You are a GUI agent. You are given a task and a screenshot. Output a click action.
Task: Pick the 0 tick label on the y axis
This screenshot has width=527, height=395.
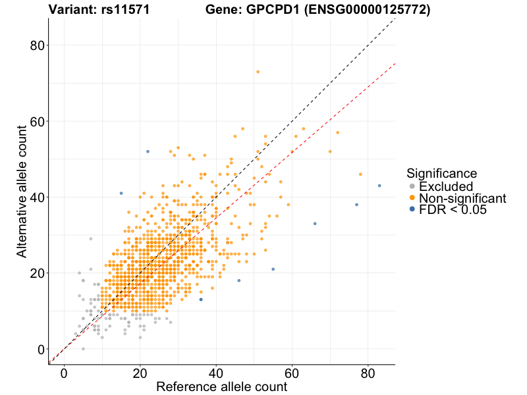click(x=41, y=349)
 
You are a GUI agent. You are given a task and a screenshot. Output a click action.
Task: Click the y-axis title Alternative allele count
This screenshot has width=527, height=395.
click(x=22, y=192)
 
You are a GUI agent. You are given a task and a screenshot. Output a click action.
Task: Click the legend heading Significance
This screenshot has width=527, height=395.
click(x=441, y=174)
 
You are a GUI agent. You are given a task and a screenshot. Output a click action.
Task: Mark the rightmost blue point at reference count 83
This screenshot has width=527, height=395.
click(x=379, y=186)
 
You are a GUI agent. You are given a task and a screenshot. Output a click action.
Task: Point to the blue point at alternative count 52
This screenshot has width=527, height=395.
click(x=148, y=151)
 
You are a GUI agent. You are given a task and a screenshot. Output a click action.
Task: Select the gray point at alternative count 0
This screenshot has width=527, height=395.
click(x=83, y=349)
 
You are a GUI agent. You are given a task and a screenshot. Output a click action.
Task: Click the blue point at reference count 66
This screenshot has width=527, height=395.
click(x=315, y=224)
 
